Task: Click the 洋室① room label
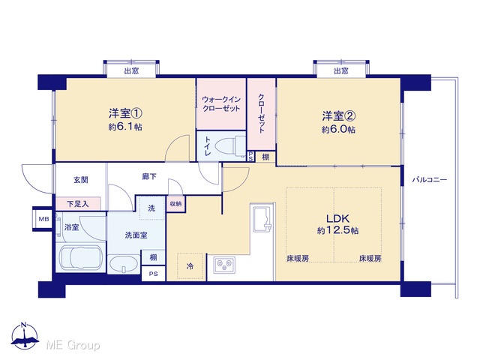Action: tap(125, 113)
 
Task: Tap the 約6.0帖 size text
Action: tap(338, 130)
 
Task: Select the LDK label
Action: tap(337, 218)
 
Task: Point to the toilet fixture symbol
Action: tap(230, 145)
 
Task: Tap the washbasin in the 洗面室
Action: tap(124, 264)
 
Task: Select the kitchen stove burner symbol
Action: tap(225, 265)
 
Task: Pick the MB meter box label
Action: tap(43, 219)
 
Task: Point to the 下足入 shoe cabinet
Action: tap(78, 203)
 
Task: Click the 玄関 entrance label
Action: tap(81, 180)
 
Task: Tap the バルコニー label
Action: tap(429, 180)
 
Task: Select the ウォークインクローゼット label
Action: tap(221, 104)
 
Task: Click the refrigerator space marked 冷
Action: tap(190, 266)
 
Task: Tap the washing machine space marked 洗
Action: tap(151, 208)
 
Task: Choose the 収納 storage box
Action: tap(175, 203)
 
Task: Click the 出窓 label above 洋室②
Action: tap(341, 71)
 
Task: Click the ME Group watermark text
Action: tap(73, 345)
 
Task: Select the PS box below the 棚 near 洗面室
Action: tap(153, 274)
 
